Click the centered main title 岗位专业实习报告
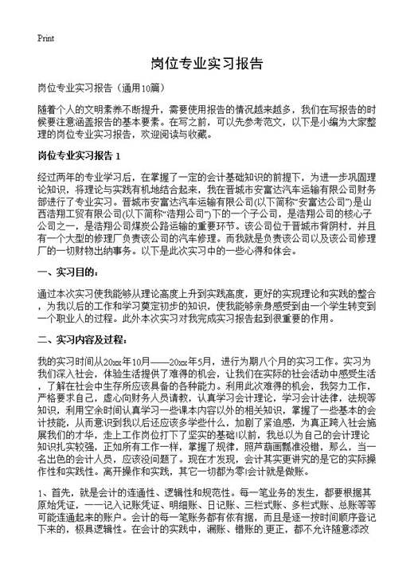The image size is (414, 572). point(206,63)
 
